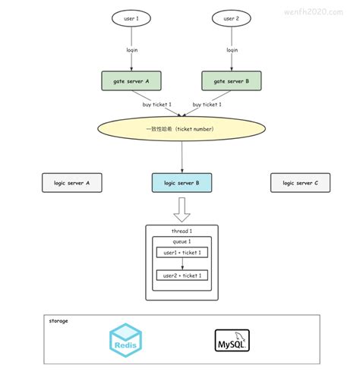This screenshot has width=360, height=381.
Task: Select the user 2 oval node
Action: [x=231, y=17]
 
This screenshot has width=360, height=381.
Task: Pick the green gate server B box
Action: [x=231, y=80]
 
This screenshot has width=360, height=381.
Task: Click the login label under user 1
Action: [x=132, y=49]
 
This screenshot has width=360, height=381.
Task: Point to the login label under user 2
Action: [x=232, y=49]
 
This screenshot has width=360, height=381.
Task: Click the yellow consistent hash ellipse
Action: [x=182, y=129]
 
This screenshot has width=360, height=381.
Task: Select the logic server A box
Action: [x=71, y=183]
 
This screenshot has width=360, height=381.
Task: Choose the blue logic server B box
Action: [x=182, y=183]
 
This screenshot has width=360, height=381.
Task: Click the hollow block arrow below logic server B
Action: [x=182, y=208]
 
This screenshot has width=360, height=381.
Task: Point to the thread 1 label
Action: [x=182, y=231]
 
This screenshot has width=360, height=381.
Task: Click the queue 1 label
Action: [x=182, y=241]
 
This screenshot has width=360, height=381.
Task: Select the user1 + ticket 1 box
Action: [x=182, y=253]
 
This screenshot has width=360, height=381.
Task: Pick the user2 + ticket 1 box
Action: [x=182, y=276]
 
